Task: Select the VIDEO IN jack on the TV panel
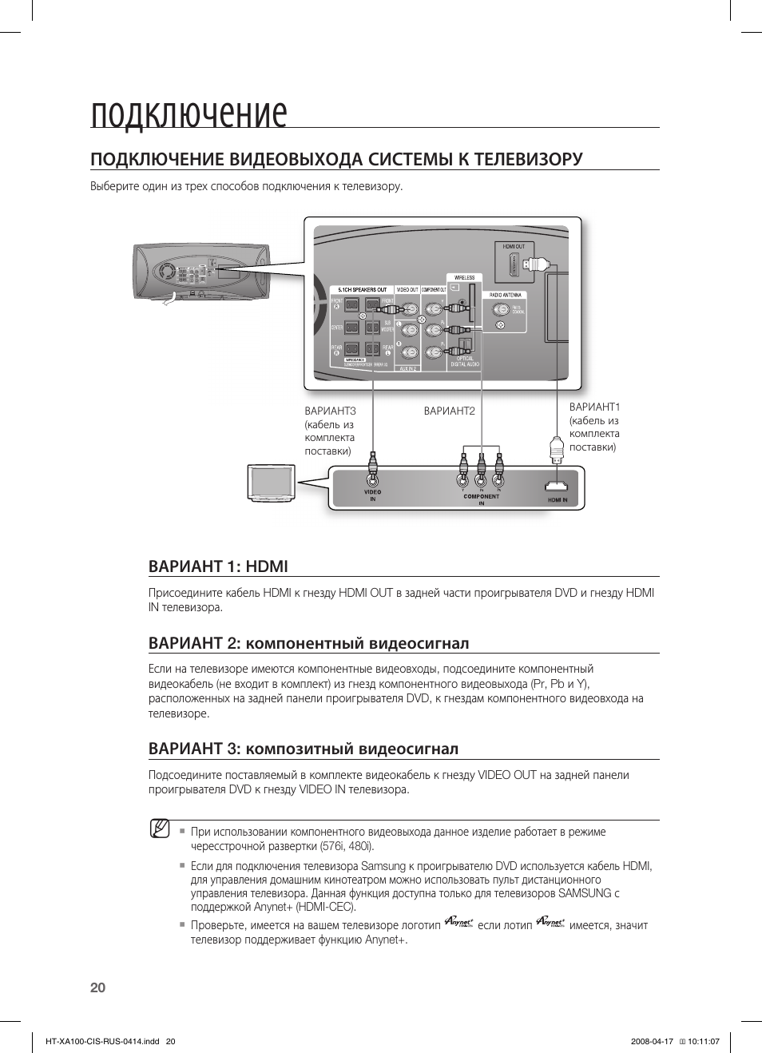[x=372, y=480]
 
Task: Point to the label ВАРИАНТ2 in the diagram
[x=449, y=411]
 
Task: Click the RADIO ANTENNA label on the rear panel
[x=506, y=295]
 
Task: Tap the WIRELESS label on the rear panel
[x=465, y=278]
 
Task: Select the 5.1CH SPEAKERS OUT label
[x=362, y=290]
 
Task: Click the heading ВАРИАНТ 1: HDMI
[x=218, y=566]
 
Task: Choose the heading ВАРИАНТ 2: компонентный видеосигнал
[x=308, y=643]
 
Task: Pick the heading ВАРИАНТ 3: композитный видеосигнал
[x=304, y=749]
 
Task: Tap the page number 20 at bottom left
[x=97, y=987]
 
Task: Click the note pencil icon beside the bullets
[x=160, y=828]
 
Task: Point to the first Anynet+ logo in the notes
[x=459, y=923]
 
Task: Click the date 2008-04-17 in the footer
[x=652, y=1042]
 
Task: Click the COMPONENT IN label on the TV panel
[x=481, y=499]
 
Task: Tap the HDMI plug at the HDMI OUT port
[x=540, y=264]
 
